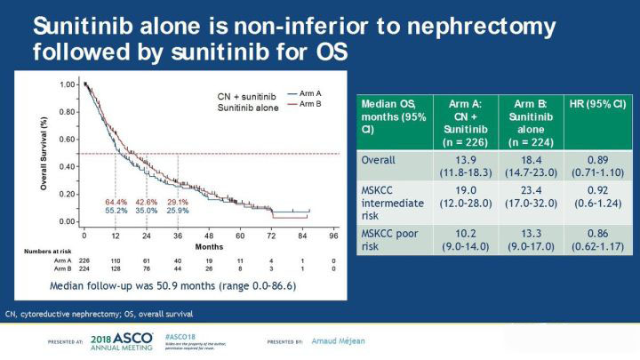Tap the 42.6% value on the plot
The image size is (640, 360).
147,203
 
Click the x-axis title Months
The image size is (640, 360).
210,246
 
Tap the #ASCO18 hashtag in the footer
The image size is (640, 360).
180,339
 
